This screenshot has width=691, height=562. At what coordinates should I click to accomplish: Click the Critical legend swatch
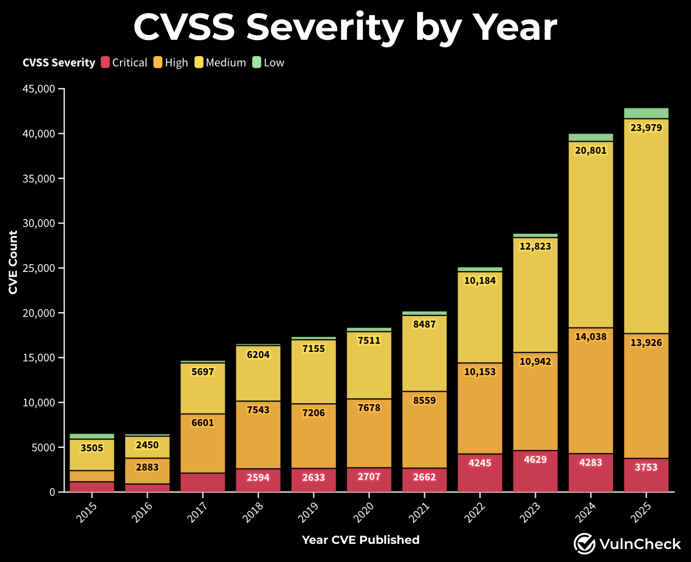tap(105, 63)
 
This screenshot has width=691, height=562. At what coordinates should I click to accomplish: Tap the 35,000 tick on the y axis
tap(39, 179)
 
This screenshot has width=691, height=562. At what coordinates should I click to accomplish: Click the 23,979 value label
tap(646, 128)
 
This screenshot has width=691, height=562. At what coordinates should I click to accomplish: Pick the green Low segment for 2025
tap(646, 113)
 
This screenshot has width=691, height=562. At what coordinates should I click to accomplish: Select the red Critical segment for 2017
tap(203, 482)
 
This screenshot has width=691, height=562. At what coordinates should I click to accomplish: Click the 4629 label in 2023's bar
tap(535, 460)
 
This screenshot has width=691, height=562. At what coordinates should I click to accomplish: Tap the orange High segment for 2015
tap(92, 476)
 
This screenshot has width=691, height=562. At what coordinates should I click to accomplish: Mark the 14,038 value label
tap(590, 337)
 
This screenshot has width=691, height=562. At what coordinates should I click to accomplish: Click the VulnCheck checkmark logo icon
tap(584, 544)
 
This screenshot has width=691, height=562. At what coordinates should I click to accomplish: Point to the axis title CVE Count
tap(13, 262)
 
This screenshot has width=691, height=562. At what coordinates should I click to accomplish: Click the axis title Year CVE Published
tap(361, 540)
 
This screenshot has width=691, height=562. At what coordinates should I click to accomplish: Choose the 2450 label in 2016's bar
tap(147, 445)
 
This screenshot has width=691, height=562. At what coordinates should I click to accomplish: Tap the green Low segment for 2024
tap(590, 137)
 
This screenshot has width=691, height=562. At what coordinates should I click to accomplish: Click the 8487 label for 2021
tap(424, 324)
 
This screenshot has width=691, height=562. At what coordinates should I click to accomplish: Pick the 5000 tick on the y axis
tap(43, 447)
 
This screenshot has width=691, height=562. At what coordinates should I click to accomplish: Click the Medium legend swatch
tap(199, 63)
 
